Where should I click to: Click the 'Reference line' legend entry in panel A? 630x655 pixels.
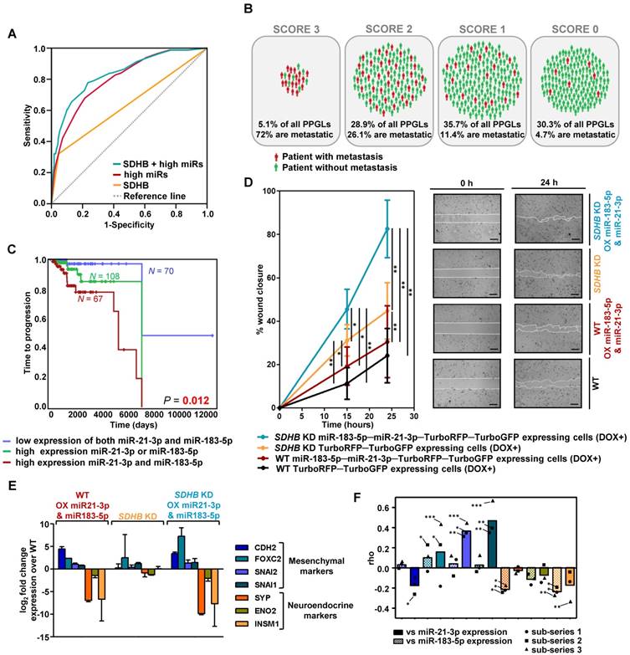[x=161, y=196]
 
